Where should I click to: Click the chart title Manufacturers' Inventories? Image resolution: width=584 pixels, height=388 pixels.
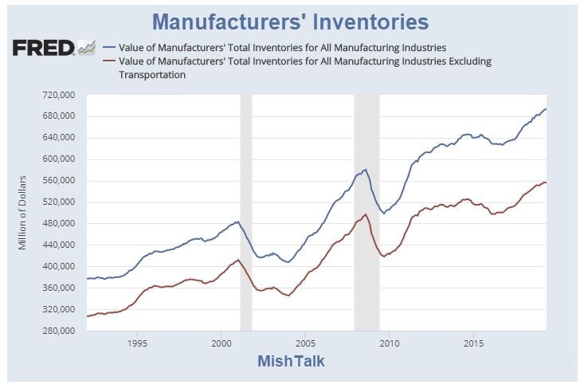tap(291, 21)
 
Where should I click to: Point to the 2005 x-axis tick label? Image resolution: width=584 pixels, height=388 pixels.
tap(304, 344)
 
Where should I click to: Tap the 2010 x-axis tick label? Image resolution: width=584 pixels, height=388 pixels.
tap(389, 344)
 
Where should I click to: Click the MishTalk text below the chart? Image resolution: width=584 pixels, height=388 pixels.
tap(291, 362)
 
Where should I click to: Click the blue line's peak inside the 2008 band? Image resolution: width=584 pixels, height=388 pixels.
tap(365, 170)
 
